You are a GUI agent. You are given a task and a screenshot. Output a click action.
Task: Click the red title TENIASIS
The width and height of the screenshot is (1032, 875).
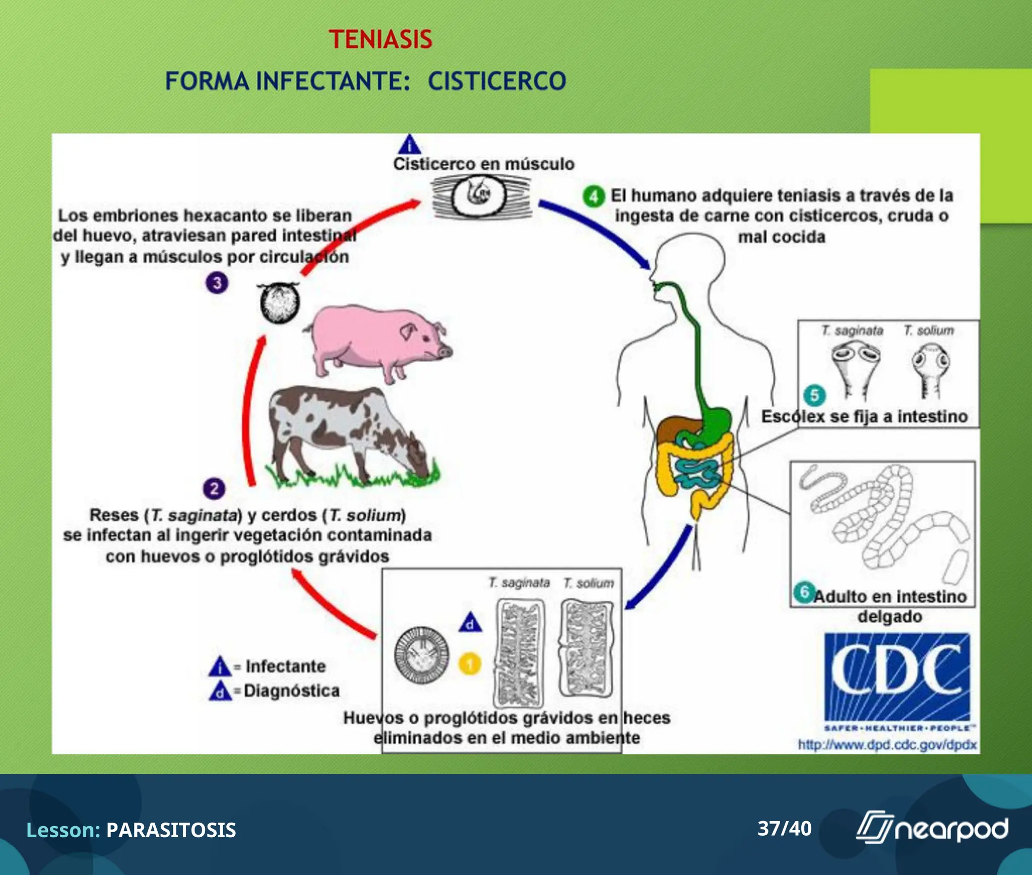pyautogui.click(x=380, y=39)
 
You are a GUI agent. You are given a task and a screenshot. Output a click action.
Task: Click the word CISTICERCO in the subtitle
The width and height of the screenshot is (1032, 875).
pyautogui.click(x=497, y=81)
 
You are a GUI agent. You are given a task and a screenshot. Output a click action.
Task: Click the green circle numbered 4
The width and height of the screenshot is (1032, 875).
pyautogui.click(x=594, y=196)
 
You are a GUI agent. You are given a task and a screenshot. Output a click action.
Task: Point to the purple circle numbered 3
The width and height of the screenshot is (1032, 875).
pyautogui.click(x=217, y=283)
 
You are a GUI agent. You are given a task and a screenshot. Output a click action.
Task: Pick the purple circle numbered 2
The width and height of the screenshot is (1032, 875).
pyautogui.click(x=214, y=488)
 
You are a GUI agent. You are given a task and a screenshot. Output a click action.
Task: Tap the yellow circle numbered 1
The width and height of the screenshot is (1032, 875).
pyautogui.click(x=470, y=664)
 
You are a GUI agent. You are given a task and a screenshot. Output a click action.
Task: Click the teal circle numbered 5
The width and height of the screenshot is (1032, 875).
pyautogui.click(x=815, y=395)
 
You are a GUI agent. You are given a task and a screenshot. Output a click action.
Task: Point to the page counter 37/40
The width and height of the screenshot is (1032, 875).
pyautogui.click(x=784, y=828)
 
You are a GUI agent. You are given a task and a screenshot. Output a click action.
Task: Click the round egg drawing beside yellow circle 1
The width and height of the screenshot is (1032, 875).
pyautogui.click(x=421, y=655)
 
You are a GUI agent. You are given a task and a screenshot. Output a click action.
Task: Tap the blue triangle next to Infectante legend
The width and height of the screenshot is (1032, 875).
pyautogui.click(x=220, y=667)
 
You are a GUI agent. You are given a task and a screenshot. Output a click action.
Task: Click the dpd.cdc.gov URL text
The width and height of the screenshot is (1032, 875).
pyautogui.click(x=887, y=744)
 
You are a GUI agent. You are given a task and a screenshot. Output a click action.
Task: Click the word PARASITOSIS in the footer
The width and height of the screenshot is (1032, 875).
pyautogui.click(x=171, y=830)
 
